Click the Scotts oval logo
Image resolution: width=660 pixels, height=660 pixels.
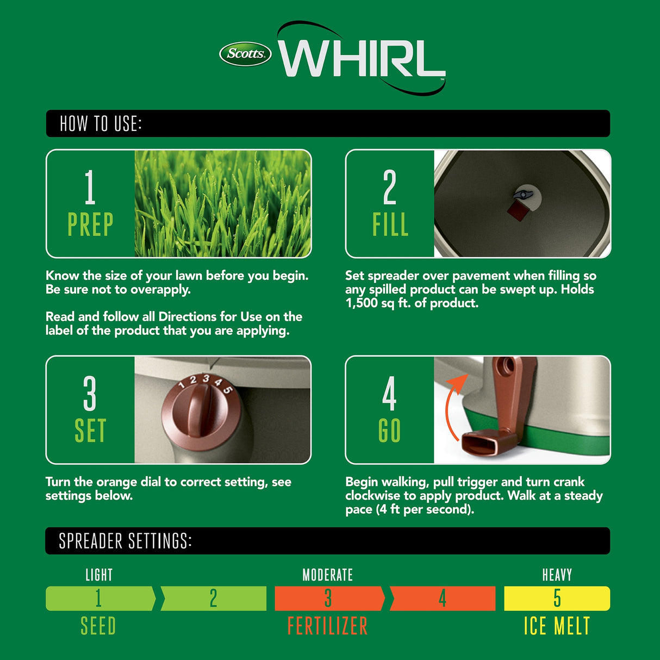245,54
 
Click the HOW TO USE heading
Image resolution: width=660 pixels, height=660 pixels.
101,124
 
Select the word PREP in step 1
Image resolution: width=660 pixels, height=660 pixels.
90,225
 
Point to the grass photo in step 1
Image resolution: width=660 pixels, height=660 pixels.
223,203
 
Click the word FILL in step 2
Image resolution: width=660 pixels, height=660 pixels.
390,225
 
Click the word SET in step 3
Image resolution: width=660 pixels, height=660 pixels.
90,431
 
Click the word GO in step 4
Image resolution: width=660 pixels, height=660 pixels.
389,431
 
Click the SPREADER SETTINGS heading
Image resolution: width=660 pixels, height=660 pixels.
125,541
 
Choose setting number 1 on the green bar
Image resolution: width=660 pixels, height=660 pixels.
98,598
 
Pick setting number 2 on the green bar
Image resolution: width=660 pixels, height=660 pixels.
213,598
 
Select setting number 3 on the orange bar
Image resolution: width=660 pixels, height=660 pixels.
328,598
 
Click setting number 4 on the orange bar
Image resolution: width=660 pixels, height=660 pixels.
443,598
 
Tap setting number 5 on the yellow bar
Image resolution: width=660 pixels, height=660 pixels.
557,598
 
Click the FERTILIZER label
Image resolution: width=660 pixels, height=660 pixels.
327,626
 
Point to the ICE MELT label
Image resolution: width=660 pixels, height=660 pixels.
557,626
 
